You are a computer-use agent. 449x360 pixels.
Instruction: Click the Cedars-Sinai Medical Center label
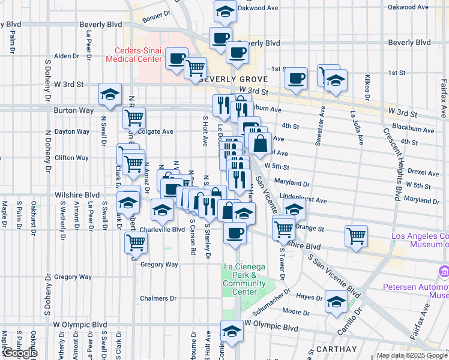pyautogui.click(x=133, y=55)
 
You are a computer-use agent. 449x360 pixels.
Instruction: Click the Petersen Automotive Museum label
pyautogui.click(x=416, y=291)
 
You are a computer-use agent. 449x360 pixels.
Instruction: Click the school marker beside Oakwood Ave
pyautogui.click(x=225, y=11)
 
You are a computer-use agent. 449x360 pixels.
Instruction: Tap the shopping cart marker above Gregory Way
pyautogui.click(x=136, y=242)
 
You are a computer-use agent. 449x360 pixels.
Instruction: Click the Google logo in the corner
pyautogui.click(x=20, y=353)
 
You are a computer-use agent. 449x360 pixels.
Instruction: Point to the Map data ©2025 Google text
pyautogui.click(x=411, y=355)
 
